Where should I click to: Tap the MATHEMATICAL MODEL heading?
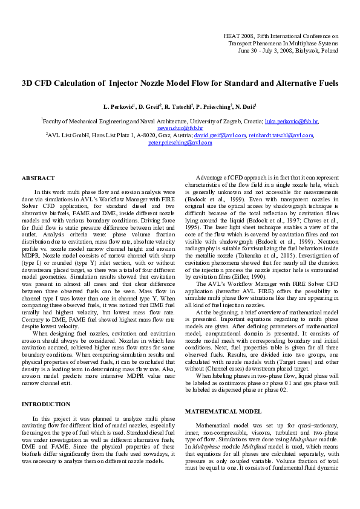(223, 411)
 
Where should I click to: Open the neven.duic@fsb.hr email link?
(180, 128)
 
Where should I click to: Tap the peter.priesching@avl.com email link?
(180, 143)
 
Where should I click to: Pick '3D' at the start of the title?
(27, 83)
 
